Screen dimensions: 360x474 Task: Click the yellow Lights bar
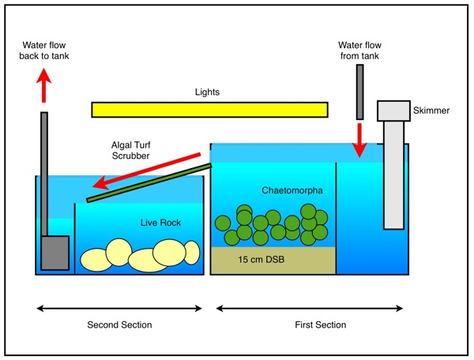click(209, 109)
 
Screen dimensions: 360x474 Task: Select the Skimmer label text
click(432, 111)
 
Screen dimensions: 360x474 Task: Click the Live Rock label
click(160, 223)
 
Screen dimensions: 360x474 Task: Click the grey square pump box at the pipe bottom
click(55, 253)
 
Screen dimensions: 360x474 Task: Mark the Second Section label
click(119, 324)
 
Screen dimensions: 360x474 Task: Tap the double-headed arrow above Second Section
click(118, 306)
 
